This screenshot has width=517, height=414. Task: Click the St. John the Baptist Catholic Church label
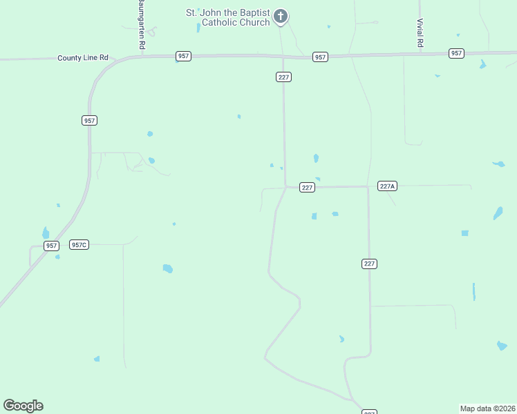point(227,17)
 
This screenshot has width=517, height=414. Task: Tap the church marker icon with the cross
point(280,16)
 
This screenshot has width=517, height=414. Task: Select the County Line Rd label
point(84,59)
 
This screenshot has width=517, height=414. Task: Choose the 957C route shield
point(79,245)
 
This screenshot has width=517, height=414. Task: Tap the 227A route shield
point(387,186)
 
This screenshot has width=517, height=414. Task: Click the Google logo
point(23,405)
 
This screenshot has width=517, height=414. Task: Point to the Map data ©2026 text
point(488,408)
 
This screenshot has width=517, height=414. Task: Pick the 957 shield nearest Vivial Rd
point(456,53)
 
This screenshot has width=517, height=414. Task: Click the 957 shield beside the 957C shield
point(50,246)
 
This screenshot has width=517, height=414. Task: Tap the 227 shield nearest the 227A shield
point(308,188)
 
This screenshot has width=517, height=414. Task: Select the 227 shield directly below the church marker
point(283,77)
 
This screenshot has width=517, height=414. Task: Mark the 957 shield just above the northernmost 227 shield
point(319,57)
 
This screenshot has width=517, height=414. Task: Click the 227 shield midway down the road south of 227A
point(369,264)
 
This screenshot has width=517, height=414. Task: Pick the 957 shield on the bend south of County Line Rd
point(88,120)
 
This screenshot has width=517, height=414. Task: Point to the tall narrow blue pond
point(474,291)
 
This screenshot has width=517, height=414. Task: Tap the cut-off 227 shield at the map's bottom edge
point(370,412)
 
